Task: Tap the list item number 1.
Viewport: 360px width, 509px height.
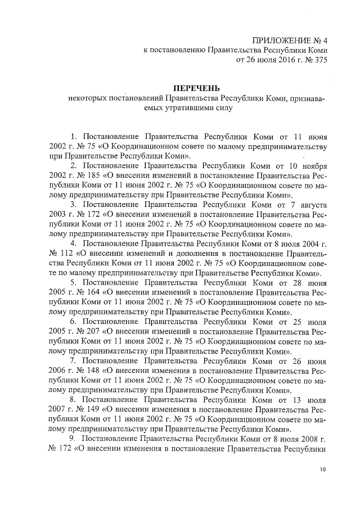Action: [74, 137]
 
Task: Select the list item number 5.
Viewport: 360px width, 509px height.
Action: [73, 283]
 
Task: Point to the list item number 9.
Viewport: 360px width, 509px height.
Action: [73, 438]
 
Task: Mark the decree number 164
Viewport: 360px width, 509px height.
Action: [92, 292]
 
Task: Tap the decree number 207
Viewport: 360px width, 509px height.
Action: [92, 331]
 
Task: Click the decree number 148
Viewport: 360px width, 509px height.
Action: [92, 370]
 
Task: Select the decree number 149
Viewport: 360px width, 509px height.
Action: [92, 409]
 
